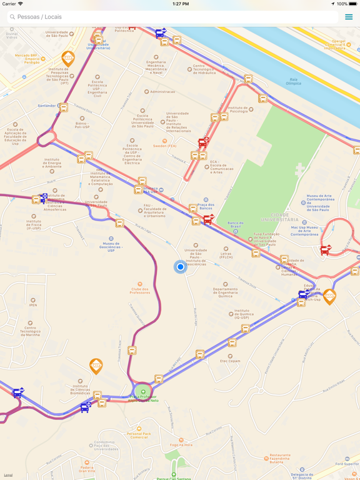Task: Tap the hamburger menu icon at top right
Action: click(x=349, y=17)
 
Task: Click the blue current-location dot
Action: click(x=180, y=267)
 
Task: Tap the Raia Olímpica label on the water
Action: click(x=293, y=81)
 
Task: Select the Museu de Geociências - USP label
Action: click(x=111, y=247)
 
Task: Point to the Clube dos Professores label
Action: click(x=140, y=290)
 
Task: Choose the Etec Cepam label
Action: click(x=230, y=361)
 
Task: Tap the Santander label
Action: click(x=47, y=106)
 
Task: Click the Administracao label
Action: click(x=163, y=92)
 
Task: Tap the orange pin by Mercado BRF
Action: click(x=68, y=58)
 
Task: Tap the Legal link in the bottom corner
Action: click(x=8, y=475)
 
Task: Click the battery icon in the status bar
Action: click(x=353, y=4)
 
